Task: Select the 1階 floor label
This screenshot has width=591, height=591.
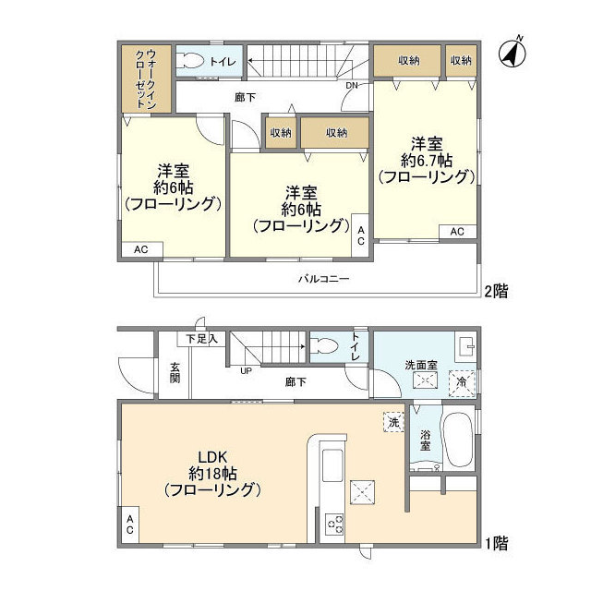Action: click(494, 544)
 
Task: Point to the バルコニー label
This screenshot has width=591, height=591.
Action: click(322, 279)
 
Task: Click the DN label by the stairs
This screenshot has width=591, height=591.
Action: click(352, 86)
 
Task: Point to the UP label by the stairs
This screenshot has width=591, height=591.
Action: click(246, 371)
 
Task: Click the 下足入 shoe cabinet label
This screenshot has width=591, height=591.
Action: click(201, 339)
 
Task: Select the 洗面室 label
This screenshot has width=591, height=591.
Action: click(420, 366)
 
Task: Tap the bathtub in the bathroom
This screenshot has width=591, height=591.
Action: click(459, 440)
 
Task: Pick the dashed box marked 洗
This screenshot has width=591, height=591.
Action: click(392, 421)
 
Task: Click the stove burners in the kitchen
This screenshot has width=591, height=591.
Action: click(333, 525)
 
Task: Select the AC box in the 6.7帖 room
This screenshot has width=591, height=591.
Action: click(457, 232)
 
